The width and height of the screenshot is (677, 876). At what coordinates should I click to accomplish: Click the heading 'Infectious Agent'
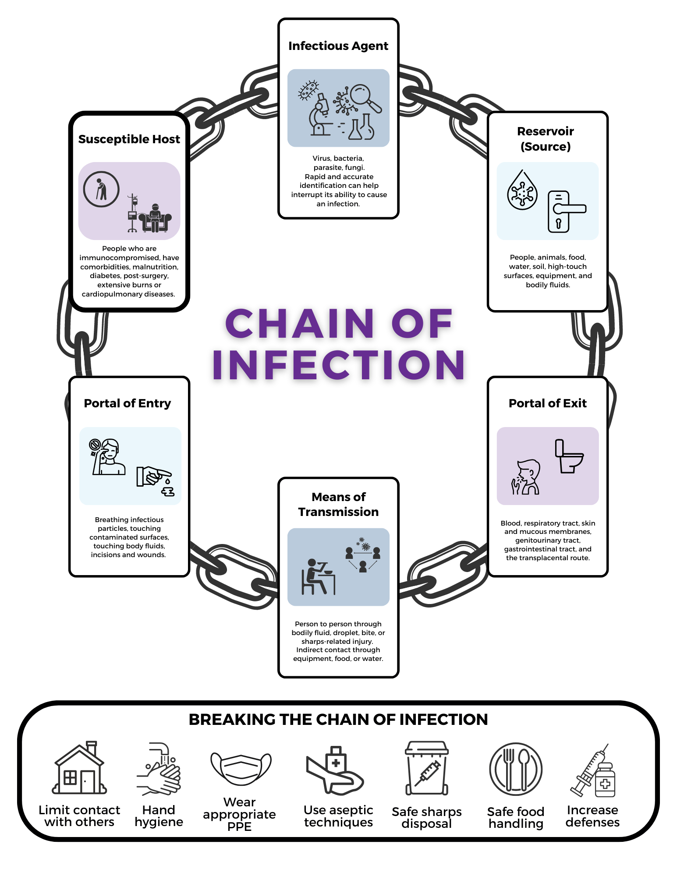click(338, 46)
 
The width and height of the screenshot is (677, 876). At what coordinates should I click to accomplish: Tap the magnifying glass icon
click(365, 97)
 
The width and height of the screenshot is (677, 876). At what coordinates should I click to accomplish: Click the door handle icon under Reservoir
click(565, 212)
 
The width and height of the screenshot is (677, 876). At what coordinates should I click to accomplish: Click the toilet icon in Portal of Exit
click(569, 456)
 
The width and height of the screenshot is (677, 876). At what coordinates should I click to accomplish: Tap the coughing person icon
click(526, 477)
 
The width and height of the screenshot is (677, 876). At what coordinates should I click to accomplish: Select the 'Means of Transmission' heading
click(338, 504)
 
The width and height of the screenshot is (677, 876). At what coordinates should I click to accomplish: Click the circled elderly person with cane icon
click(101, 189)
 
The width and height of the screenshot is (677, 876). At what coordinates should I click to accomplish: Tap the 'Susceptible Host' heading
click(129, 139)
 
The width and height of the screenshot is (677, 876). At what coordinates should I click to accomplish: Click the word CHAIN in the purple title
click(300, 324)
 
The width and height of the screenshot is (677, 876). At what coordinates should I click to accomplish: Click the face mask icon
click(241, 769)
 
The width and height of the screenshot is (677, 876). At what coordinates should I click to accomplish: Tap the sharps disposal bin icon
click(426, 768)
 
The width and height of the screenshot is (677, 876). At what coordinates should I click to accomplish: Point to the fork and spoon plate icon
click(516, 769)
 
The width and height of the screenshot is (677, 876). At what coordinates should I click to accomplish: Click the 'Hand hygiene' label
click(159, 816)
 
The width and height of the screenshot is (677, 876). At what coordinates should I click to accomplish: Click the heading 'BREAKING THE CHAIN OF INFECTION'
click(338, 720)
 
